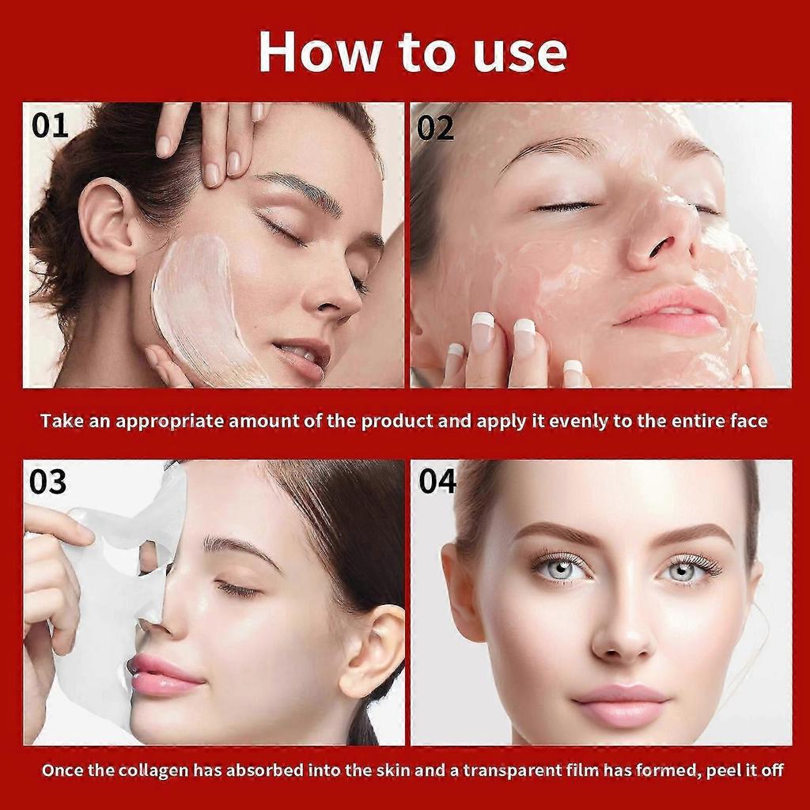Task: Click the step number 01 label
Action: coord(50,126)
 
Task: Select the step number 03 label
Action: coord(48,482)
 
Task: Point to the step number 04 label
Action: coord(437,481)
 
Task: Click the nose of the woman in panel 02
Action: coord(661,237)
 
